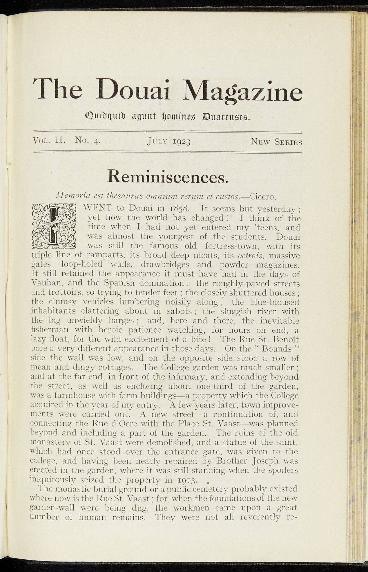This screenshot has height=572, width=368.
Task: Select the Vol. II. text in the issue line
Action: coord(49,140)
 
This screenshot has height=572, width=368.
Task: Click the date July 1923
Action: coord(169,142)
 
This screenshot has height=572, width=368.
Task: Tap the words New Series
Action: coord(276,142)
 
